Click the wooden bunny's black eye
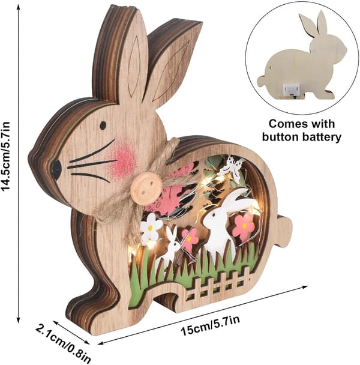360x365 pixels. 103,125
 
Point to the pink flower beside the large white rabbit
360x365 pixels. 243,225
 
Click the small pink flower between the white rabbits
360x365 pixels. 190,238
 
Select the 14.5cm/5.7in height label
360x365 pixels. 7,156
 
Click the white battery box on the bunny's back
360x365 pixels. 290,90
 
